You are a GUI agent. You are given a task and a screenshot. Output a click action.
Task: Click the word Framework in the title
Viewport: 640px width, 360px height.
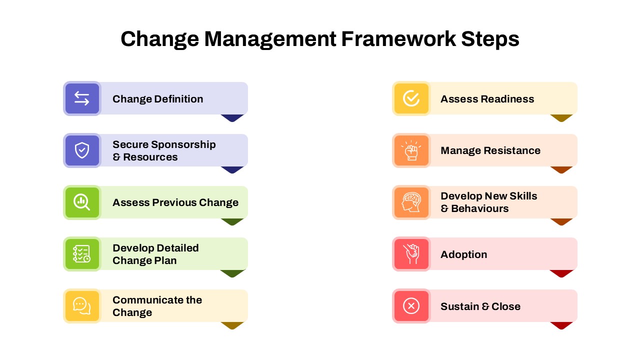[398, 39]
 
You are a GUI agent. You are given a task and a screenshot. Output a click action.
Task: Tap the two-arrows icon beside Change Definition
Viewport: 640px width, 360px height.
[82, 98]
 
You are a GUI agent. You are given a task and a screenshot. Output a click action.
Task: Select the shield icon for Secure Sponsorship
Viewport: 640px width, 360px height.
[82, 150]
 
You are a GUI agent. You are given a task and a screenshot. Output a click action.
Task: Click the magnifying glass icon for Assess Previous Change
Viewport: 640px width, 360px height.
[81, 202]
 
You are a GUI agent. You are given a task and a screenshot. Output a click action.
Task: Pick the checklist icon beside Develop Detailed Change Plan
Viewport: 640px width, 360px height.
[81, 254]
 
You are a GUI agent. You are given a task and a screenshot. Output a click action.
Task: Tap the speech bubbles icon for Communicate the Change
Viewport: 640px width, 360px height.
[81, 306]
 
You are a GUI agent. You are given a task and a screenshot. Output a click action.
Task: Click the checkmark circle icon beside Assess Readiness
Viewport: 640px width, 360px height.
[411, 98]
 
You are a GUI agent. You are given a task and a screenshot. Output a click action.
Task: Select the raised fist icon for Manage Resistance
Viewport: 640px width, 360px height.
[411, 150]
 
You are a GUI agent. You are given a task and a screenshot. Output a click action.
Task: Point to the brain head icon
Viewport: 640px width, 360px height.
[411, 202]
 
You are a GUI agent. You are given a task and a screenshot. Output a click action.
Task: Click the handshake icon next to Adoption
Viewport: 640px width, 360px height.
[411, 254]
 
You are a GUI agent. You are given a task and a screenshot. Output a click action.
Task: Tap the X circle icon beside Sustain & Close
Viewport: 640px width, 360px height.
[411, 306]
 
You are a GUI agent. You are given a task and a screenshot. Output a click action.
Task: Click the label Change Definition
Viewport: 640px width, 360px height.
[157, 99]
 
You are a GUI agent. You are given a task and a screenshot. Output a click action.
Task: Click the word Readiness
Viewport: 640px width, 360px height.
[507, 99]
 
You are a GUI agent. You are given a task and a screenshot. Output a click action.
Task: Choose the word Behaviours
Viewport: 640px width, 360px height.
[480, 208]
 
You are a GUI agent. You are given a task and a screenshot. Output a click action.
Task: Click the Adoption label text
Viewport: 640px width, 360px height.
[463, 254]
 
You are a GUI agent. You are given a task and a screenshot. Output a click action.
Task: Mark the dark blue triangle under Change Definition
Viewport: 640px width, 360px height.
[232, 117]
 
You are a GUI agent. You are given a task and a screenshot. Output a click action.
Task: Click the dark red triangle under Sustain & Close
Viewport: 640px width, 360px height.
[561, 325]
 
